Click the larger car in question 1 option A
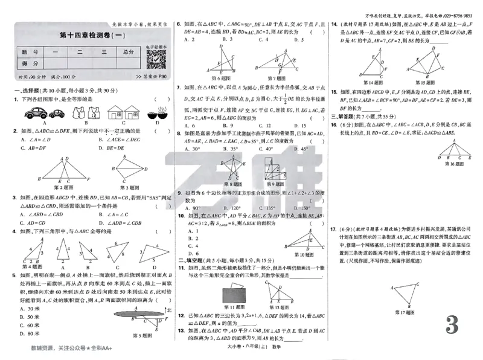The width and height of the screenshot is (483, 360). [35, 112]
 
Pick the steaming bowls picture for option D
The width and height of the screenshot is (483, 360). [157, 112]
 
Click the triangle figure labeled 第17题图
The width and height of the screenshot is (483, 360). [406, 294]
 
